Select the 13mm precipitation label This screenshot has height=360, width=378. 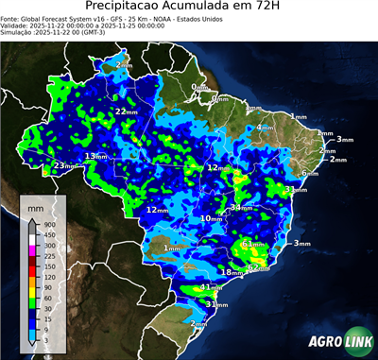click(x=95, y=156)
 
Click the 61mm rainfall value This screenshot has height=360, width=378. click(x=252, y=244)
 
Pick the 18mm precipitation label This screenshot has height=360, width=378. click(x=230, y=272)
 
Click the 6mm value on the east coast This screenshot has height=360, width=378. click(x=307, y=174)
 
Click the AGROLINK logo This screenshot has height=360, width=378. click(x=337, y=341)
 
